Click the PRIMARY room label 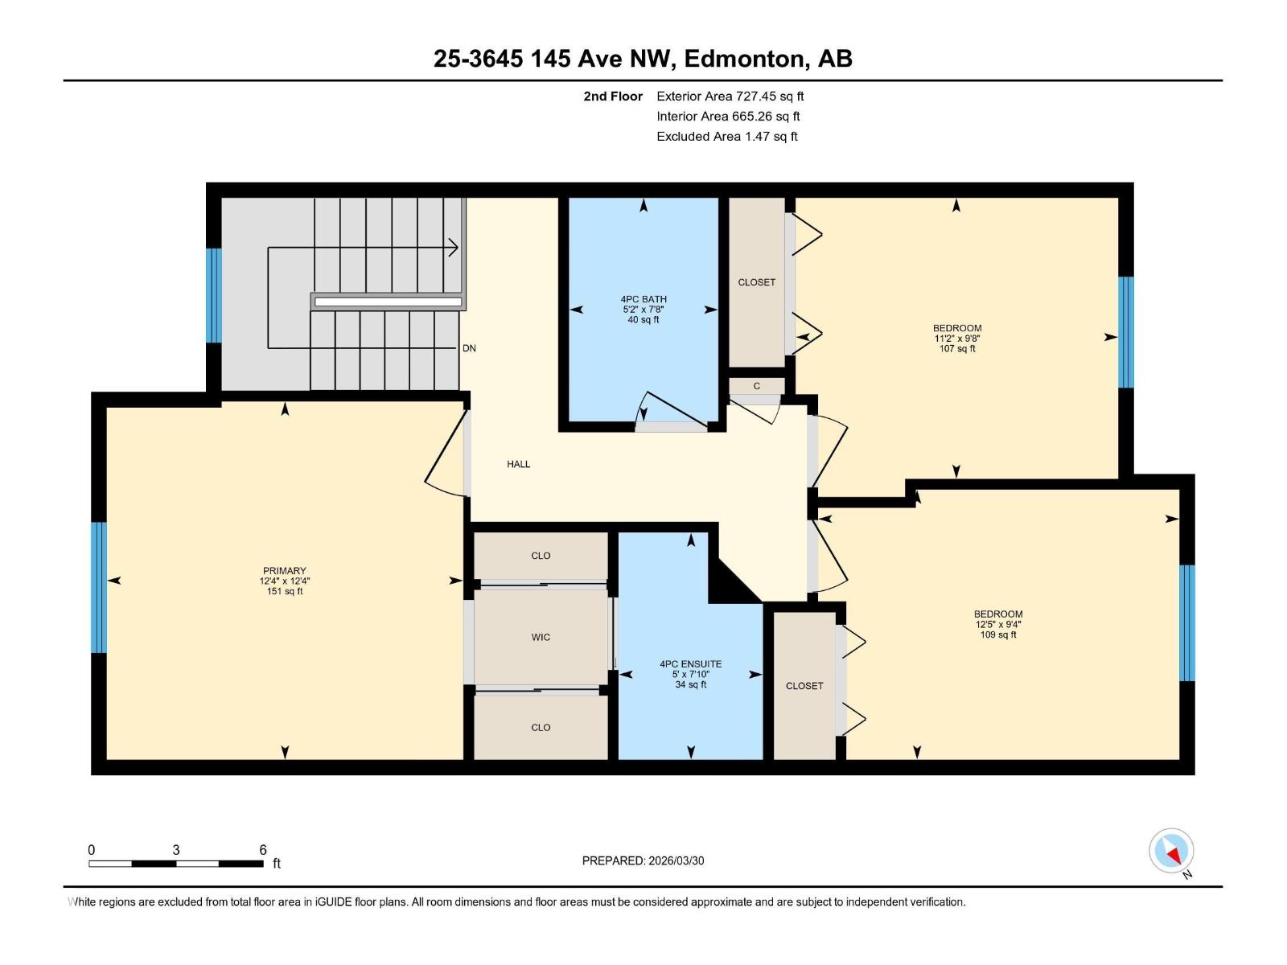pyautogui.click(x=284, y=571)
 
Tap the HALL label pyautogui.click(x=518, y=464)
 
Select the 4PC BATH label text pyautogui.click(x=643, y=299)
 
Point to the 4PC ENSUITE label pyautogui.click(x=690, y=664)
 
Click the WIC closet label pyautogui.click(x=541, y=637)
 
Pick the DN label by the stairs pyautogui.click(x=469, y=348)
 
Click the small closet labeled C pyautogui.click(x=756, y=386)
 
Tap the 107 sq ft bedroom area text pyautogui.click(x=957, y=349)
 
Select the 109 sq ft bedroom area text pyautogui.click(x=997, y=634)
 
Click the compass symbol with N pyautogui.click(x=1171, y=851)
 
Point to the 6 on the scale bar pyautogui.click(x=263, y=850)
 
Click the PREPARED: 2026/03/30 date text pyautogui.click(x=643, y=860)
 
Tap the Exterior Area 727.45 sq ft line pyautogui.click(x=730, y=96)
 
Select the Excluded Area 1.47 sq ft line pyautogui.click(x=726, y=137)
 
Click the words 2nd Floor pyautogui.click(x=613, y=96)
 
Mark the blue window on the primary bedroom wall pyautogui.click(x=98, y=587)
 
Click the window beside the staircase pyautogui.click(x=213, y=295)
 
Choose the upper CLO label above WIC pyautogui.click(x=541, y=556)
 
